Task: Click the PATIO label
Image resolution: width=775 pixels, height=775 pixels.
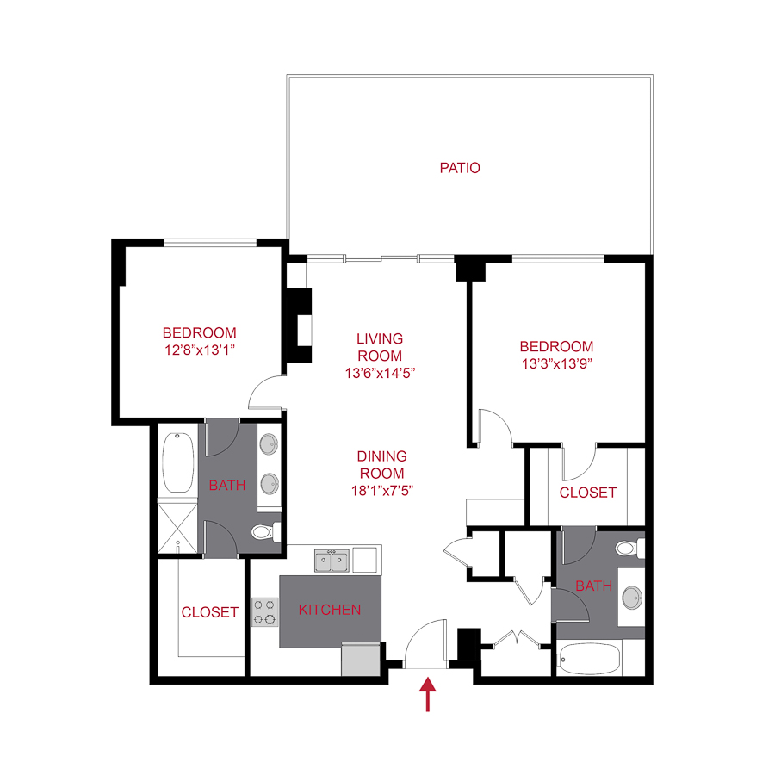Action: (460, 168)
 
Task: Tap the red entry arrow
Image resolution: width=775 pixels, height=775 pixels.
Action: (427, 695)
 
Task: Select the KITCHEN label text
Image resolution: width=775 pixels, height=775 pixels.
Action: (329, 610)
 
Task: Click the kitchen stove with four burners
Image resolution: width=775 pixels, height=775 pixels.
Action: (264, 611)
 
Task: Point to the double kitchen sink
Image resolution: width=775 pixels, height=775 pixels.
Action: (332, 561)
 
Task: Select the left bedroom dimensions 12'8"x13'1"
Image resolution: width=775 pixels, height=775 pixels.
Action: (199, 349)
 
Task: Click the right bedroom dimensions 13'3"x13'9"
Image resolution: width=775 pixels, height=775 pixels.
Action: (556, 363)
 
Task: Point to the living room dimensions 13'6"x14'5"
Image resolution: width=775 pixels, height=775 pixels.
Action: (380, 373)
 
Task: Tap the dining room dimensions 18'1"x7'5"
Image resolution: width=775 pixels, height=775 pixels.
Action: (383, 473)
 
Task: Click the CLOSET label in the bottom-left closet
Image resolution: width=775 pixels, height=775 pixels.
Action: (209, 612)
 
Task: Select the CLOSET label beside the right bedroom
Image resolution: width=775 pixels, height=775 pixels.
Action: (587, 493)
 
